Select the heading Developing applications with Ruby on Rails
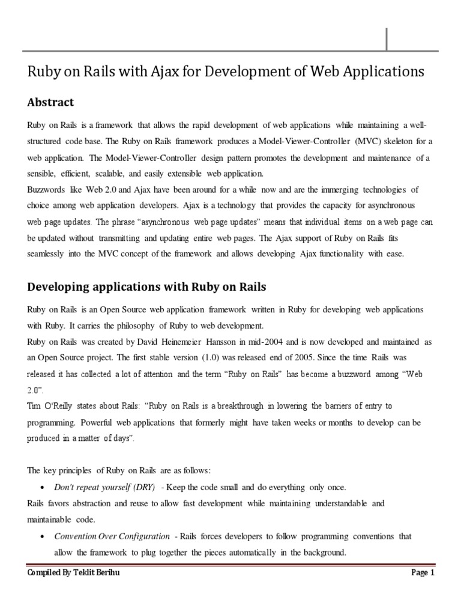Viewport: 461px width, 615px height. pos(147,286)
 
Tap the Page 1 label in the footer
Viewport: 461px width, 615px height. pos(423,574)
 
